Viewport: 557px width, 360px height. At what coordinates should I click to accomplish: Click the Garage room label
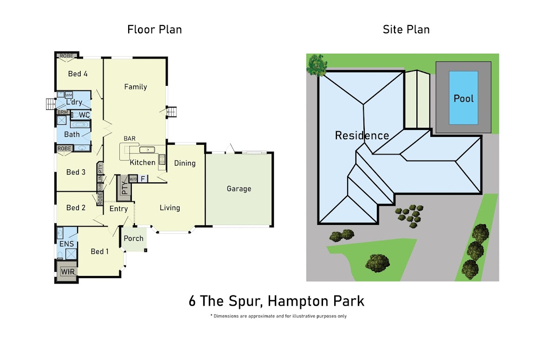point(239,189)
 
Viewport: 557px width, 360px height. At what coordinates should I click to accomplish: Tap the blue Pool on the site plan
point(464,98)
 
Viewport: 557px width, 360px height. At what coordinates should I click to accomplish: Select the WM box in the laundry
point(69,95)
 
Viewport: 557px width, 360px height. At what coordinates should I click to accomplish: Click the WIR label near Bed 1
point(68,271)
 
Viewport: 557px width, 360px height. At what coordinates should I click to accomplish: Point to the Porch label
point(134,238)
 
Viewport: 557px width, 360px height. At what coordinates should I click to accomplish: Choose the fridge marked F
point(143,179)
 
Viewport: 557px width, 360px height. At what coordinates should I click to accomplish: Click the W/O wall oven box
point(133,179)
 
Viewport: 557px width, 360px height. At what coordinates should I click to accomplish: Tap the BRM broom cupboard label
point(63,112)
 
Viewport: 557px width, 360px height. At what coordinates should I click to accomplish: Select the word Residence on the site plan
point(362,135)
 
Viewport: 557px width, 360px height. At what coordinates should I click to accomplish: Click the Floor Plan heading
point(155,30)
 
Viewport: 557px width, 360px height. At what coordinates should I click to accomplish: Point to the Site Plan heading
point(406,30)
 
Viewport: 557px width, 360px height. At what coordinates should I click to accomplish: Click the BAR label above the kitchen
point(130,138)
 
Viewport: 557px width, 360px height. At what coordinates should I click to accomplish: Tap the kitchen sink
point(147,150)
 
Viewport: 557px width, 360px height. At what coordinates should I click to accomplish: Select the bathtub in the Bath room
point(80,124)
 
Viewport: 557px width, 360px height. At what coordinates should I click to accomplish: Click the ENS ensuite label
point(66,244)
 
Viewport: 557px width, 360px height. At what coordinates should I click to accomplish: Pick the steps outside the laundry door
point(51,104)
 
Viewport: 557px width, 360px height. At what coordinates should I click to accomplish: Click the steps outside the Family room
point(172,112)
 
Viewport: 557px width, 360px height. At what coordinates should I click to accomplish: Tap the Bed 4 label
point(78,74)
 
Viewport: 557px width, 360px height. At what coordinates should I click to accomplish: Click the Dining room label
point(185,163)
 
